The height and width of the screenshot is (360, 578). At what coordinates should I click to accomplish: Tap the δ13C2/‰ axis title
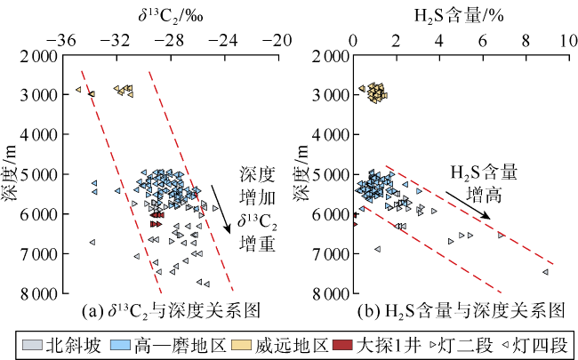click(x=168, y=14)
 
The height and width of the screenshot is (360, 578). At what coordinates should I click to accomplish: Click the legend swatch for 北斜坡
click(x=31, y=343)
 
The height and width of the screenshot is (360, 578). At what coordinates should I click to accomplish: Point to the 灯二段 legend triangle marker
click(x=433, y=343)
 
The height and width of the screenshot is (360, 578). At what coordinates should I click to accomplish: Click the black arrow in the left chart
click(x=221, y=210)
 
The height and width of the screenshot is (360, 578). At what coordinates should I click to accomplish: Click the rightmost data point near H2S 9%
click(x=545, y=272)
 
